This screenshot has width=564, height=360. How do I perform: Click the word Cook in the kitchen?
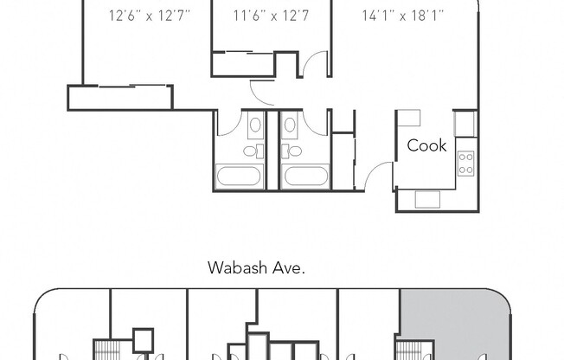(427, 145)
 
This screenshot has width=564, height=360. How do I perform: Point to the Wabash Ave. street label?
(256, 267)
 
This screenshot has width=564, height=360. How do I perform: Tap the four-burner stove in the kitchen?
(465, 163)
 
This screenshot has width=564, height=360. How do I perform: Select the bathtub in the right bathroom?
(304, 177)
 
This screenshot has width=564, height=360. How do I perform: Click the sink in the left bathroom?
(254, 125)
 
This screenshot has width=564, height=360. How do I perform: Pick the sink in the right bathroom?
(292, 125)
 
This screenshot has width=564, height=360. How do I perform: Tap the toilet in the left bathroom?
(251, 151)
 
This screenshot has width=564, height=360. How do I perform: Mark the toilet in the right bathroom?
(293, 151)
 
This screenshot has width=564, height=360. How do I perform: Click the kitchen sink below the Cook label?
(427, 199)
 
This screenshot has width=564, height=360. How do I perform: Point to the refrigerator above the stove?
(465, 123)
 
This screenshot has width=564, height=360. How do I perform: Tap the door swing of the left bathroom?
(229, 123)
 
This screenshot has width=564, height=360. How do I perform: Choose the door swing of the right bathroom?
(315, 123)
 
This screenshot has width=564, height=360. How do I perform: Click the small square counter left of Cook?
(409, 118)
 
